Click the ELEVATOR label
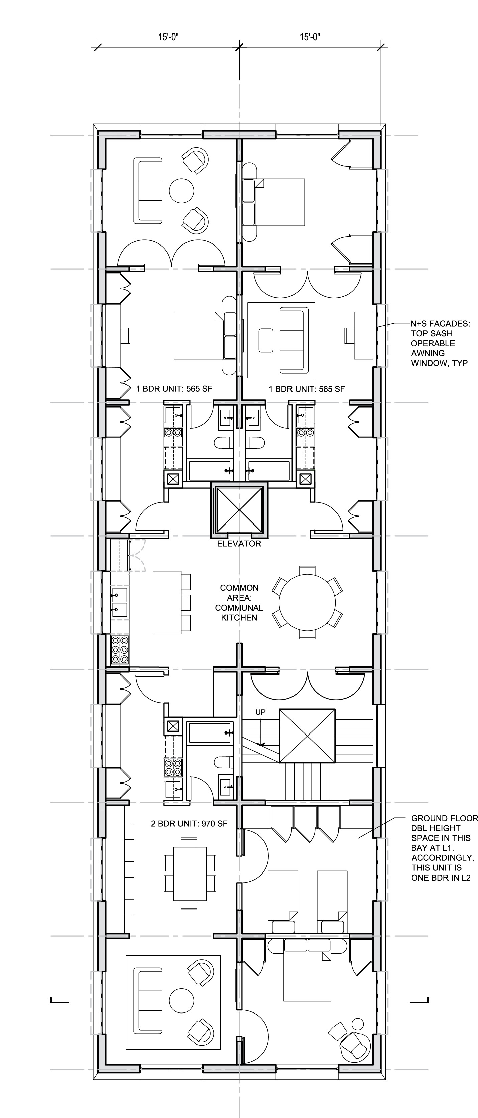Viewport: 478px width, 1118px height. coord(239,543)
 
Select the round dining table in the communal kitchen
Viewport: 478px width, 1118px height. coord(307,602)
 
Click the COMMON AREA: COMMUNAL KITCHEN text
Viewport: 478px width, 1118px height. coord(239,603)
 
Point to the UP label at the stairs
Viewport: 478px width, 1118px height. coord(260,712)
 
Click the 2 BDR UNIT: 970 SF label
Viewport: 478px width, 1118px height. coord(189,823)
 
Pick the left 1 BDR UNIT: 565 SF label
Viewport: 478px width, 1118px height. coord(174,389)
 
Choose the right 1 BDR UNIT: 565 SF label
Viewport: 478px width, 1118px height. coord(307,389)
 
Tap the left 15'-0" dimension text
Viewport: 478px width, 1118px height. coord(169,37)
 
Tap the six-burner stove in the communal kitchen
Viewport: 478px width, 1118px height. coord(120,649)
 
